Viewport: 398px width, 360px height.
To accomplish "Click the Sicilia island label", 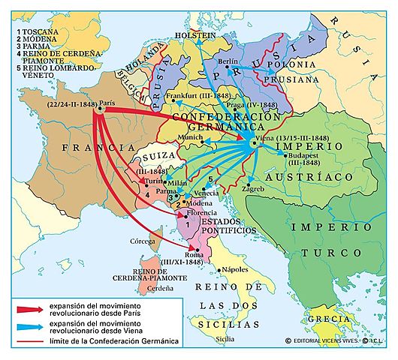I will (x=225, y=338).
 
